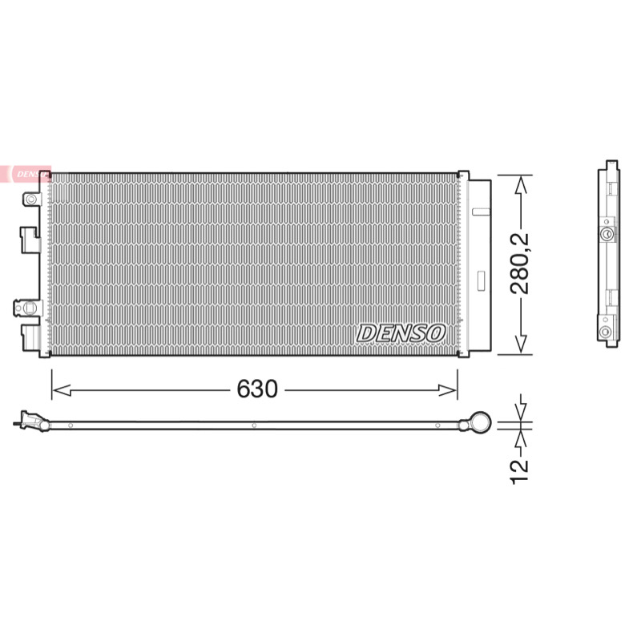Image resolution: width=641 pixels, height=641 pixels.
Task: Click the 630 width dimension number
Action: click(257, 389)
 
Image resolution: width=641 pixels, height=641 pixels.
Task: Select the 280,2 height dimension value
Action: click(519, 264)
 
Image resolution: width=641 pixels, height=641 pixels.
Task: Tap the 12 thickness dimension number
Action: click(519, 472)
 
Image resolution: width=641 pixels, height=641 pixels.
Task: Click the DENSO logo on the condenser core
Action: click(401, 333)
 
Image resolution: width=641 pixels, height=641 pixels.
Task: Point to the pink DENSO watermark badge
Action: click(26, 174)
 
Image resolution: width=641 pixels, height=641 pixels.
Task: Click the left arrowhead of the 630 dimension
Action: click(62, 390)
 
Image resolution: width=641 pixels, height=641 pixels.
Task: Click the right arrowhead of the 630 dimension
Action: click(447, 390)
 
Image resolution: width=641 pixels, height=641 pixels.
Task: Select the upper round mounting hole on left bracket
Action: click(31, 200)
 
